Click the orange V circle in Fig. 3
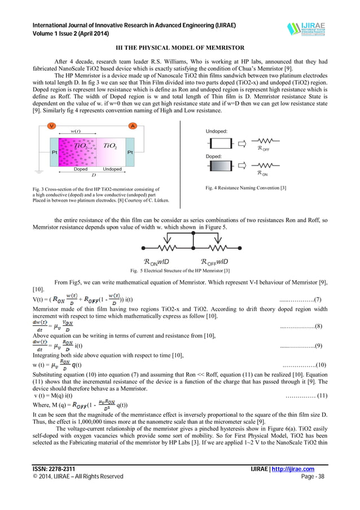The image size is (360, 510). (51, 125)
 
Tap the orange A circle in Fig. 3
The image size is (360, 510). (133, 125)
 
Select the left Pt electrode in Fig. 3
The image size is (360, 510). (55, 152)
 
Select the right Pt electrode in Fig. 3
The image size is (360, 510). (130, 152)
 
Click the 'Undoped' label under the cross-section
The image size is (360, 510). (112, 169)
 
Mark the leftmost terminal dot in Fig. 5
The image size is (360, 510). (143, 247)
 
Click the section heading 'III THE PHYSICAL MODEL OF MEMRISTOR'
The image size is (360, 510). (180, 49)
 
